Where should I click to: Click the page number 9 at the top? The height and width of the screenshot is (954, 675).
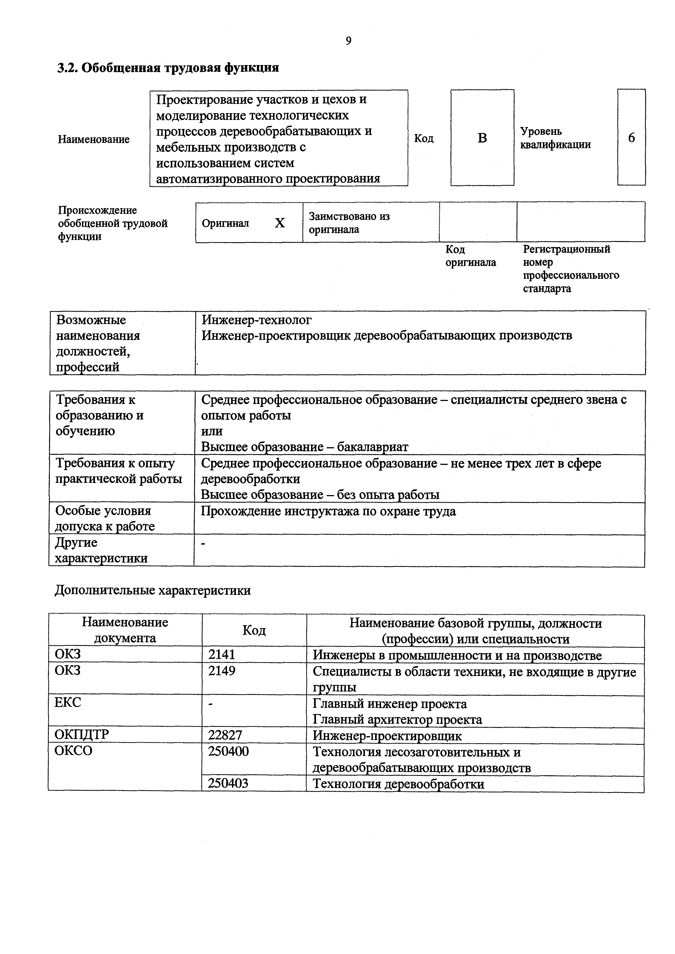pyautogui.click(x=348, y=41)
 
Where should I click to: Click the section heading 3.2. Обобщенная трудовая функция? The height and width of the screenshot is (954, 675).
pyautogui.click(x=168, y=68)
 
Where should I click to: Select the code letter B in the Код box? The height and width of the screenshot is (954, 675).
pyautogui.click(x=482, y=138)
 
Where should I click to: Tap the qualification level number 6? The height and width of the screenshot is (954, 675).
pyautogui.click(x=631, y=138)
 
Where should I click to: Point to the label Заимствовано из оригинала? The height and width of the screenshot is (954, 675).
pyautogui.click(x=349, y=223)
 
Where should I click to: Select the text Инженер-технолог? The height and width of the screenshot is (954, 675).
pyautogui.click(x=256, y=320)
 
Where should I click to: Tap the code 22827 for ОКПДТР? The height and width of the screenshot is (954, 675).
pyautogui.click(x=225, y=736)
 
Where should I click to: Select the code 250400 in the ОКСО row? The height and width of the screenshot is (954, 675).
pyautogui.click(x=228, y=751)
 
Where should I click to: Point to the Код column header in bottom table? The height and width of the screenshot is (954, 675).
pyautogui.click(x=254, y=630)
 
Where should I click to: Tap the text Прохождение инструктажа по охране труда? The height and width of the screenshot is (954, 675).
pyautogui.click(x=328, y=511)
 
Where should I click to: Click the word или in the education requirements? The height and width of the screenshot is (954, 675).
pyautogui.click(x=211, y=431)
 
